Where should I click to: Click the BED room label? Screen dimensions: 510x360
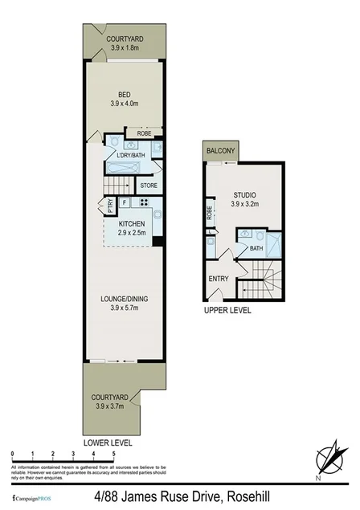(124, 94)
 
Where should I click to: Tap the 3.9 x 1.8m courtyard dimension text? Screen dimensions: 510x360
(124, 48)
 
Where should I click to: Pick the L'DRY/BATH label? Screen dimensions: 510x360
(130, 156)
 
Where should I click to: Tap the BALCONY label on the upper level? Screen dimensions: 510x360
(220, 151)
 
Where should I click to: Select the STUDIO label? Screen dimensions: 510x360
(244, 194)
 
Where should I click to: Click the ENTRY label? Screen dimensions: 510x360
(219, 279)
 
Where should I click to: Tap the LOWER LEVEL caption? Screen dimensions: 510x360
(108, 443)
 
